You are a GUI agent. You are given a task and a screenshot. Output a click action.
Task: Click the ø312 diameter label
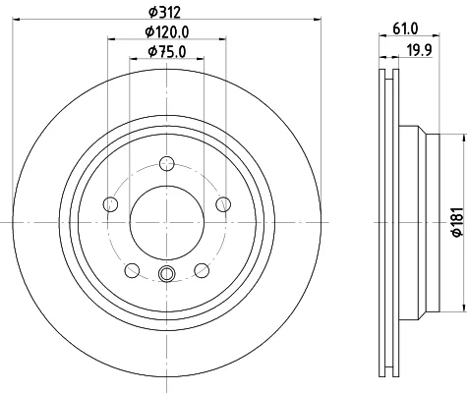tap(164, 13)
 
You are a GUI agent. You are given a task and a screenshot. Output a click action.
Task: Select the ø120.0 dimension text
tap(167, 32)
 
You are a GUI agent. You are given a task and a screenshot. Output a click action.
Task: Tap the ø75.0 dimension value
tap(167, 51)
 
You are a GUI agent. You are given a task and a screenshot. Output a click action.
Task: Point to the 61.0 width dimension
tap(405, 28)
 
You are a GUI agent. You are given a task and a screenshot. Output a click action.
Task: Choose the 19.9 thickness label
tap(420, 50)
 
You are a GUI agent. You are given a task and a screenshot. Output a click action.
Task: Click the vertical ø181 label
tap(457, 222)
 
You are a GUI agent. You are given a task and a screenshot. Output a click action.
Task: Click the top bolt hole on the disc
tap(167, 163)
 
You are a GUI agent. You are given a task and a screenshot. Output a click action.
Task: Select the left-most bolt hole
tap(110, 204)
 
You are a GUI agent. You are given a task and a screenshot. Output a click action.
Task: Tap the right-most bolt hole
tap(223, 204)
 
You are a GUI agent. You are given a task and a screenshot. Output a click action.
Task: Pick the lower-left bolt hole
tap(132, 270)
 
